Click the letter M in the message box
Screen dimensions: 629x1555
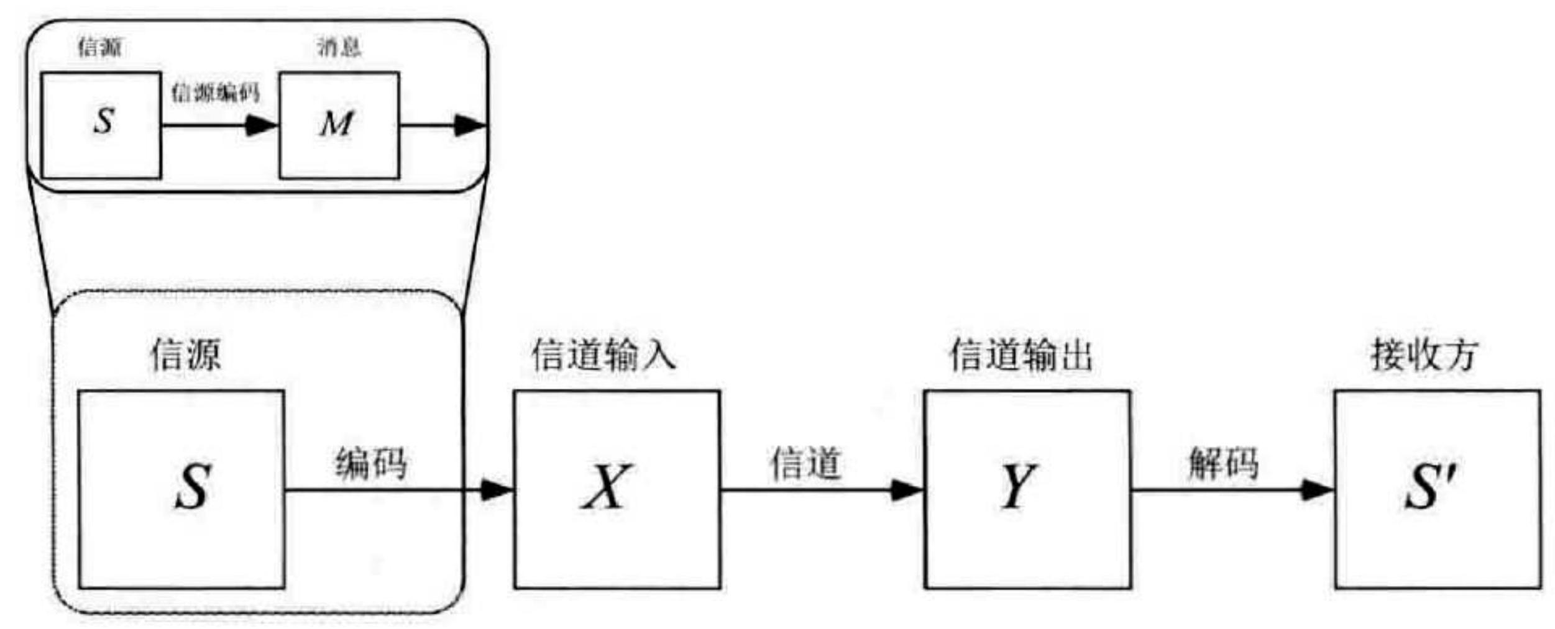point(337,124)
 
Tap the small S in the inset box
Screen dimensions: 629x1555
point(104,120)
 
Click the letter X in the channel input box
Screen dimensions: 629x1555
point(607,487)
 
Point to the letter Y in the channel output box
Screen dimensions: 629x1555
point(1017,487)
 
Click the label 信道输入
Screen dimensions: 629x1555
point(603,355)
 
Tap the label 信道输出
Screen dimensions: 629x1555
point(1020,355)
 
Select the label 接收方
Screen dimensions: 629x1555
point(1424,355)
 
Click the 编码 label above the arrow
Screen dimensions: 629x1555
point(371,463)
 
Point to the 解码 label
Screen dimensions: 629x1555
point(1223,463)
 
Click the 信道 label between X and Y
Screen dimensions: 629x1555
point(805,463)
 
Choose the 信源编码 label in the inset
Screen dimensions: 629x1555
point(215,93)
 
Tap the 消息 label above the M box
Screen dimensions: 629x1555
point(339,47)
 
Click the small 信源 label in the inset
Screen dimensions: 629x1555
point(99,47)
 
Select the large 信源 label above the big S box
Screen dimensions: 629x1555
point(185,355)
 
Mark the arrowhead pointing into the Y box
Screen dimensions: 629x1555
point(907,490)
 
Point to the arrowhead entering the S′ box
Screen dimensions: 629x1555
point(1318,490)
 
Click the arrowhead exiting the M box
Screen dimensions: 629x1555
point(470,125)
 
